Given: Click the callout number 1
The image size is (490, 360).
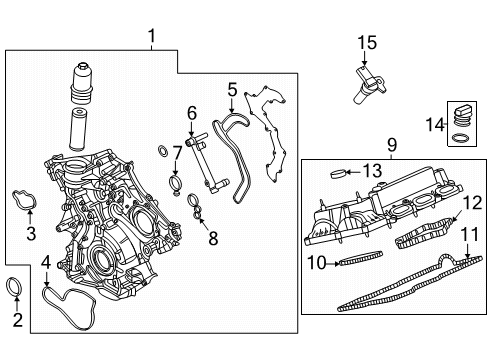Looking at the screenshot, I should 151,38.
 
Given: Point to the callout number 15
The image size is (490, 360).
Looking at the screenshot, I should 369,42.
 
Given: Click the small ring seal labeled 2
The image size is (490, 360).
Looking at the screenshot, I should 17,289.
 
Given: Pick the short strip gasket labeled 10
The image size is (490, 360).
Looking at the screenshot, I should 352,263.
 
